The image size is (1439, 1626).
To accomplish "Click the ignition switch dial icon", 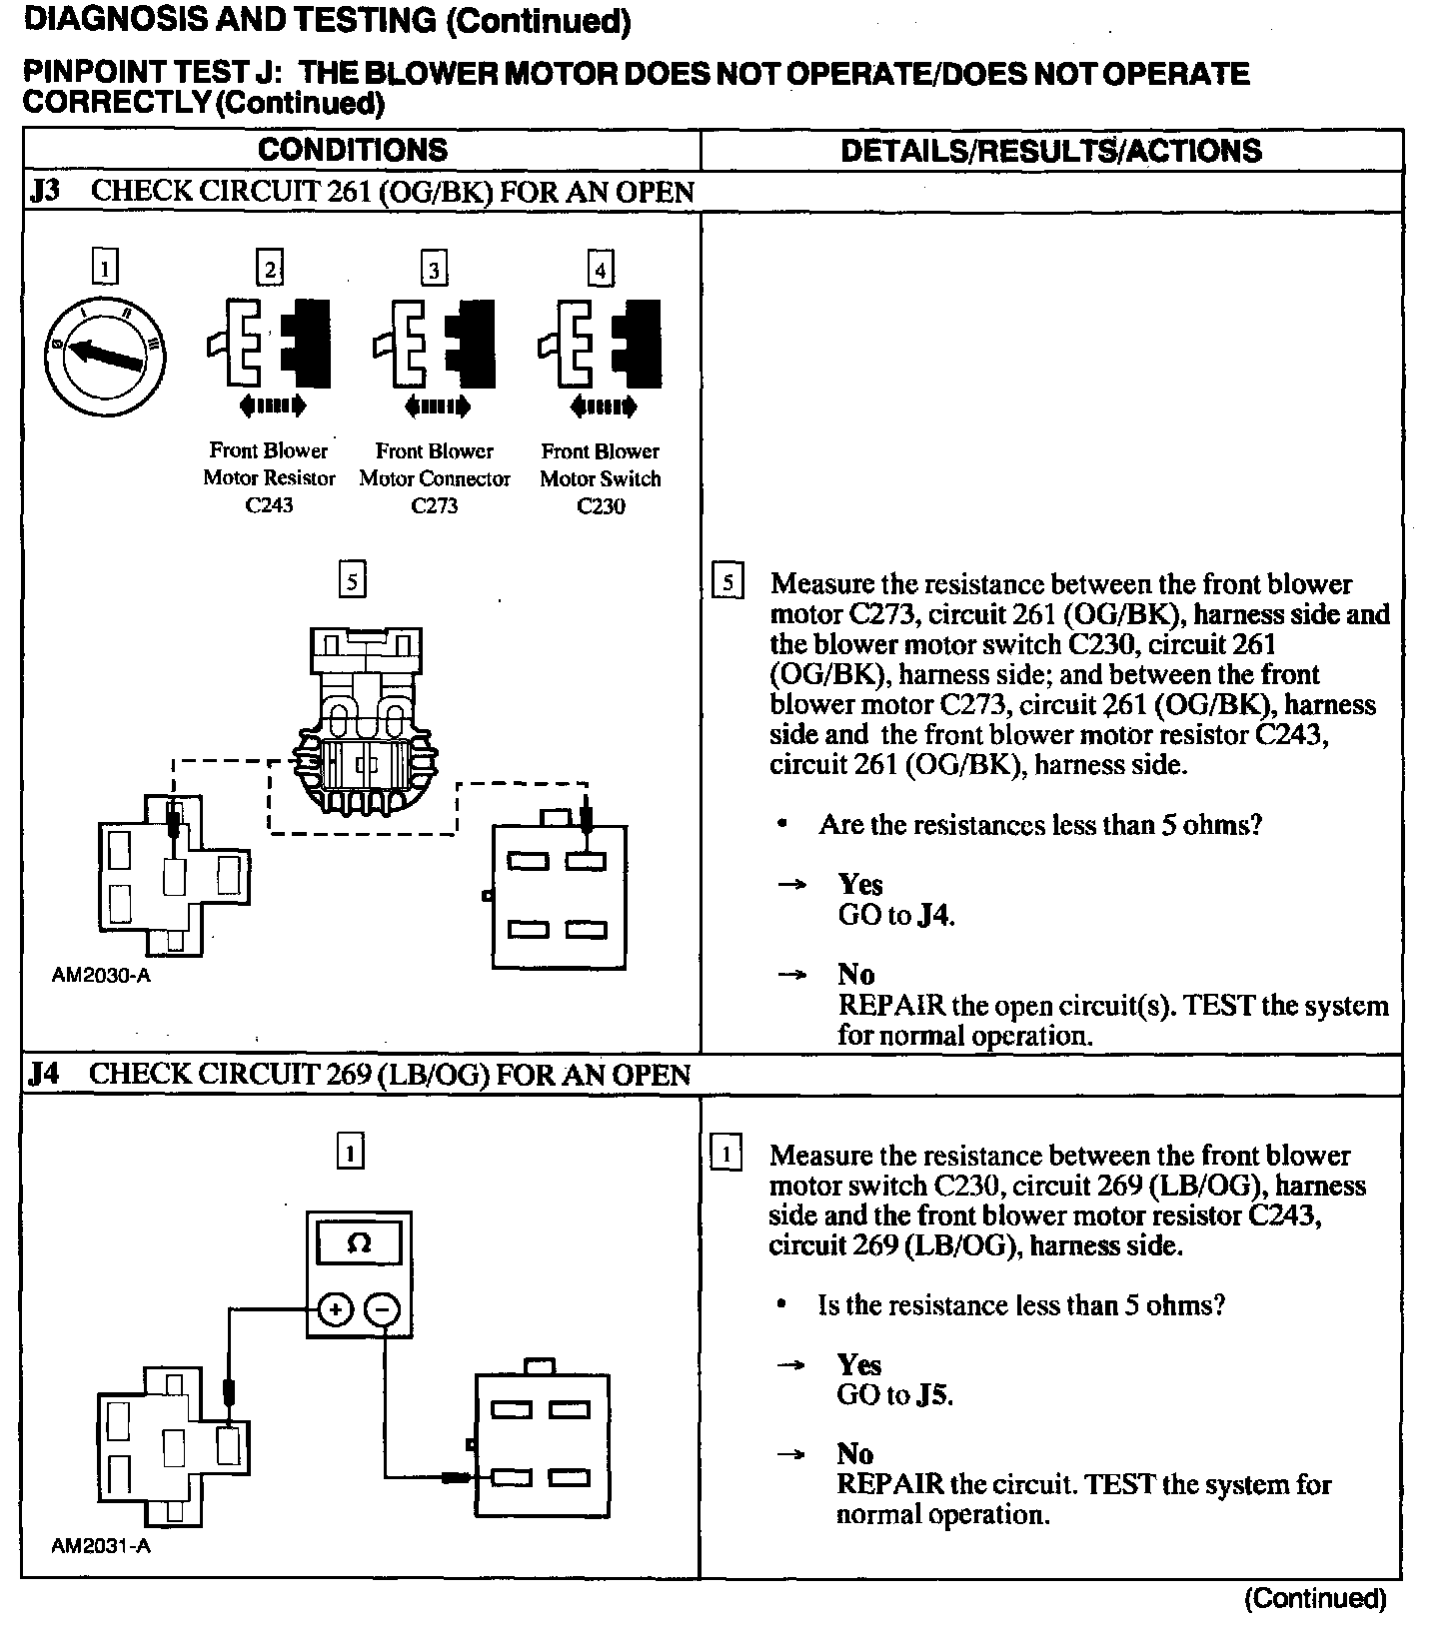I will pos(104,352).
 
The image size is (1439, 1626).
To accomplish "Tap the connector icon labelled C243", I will pos(269,344).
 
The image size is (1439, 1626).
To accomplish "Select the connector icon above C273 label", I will pos(434,344).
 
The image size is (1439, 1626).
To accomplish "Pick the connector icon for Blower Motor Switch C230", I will pos(600,344).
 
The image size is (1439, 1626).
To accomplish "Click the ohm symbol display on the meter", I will pos(358,1244).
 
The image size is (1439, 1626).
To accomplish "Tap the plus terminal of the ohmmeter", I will pos(336,1309).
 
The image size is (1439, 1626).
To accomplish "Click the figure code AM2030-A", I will pos(101,976).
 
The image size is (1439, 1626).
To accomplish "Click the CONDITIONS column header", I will pos(353,150).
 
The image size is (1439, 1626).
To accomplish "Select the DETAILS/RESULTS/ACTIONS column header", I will pos(1050,150).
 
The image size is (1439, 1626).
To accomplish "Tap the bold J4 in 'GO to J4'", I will pos(933,915).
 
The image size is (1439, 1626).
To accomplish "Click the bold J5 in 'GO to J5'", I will pos(932,1394).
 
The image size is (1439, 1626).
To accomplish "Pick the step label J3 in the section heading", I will pos(46,192).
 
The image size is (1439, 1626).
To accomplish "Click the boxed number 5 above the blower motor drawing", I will pos(352,580).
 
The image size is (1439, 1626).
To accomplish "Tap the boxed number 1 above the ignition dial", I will pos(104,268).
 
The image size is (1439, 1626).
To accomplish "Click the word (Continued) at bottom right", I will pos(1315,1599).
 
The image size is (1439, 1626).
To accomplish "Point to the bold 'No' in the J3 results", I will pos(856,975).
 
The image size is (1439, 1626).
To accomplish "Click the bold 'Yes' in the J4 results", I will pos(858,1364).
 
